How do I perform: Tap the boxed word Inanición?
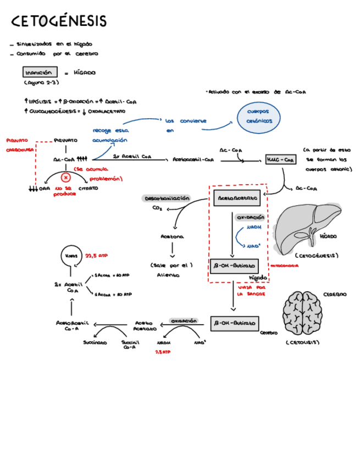click(41, 72)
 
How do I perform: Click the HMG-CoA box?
click(280, 159)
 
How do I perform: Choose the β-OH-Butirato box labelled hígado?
click(234, 265)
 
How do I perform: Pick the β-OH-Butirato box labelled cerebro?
click(234, 324)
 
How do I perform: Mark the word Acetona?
click(172, 237)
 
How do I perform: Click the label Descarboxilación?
click(167, 198)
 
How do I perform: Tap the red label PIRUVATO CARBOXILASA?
click(20, 145)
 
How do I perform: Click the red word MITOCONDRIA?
click(285, 266)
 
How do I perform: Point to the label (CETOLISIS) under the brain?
click(302, 343)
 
